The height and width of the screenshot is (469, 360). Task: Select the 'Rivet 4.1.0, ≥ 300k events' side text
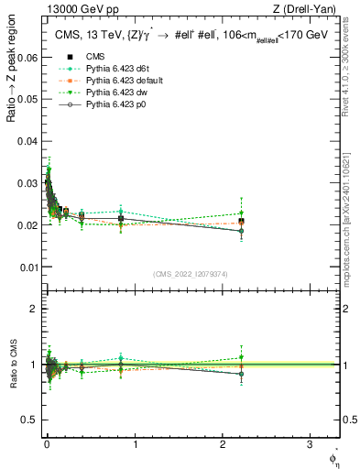pyautogui.click(x=349, y=73)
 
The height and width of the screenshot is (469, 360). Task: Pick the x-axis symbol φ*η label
pyautogui.click(x=333, y=457)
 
